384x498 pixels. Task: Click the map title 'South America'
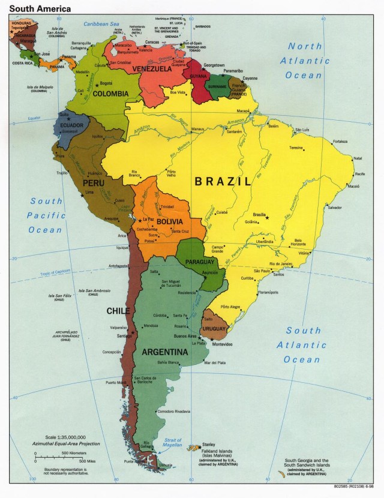[x=40, y=9]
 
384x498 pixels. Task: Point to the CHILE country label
[x=118, y=311]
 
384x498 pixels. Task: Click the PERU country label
[x=94, y=182]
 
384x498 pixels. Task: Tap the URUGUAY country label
[x=214, y=329]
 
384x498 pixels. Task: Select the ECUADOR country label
[x=71, y=125]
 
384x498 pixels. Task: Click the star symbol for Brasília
[x=268, y=217]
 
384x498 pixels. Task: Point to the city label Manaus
[x=198, y=129]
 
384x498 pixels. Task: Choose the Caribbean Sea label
[x=101, y=24]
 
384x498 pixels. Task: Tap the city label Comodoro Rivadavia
[x=173, y=411]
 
